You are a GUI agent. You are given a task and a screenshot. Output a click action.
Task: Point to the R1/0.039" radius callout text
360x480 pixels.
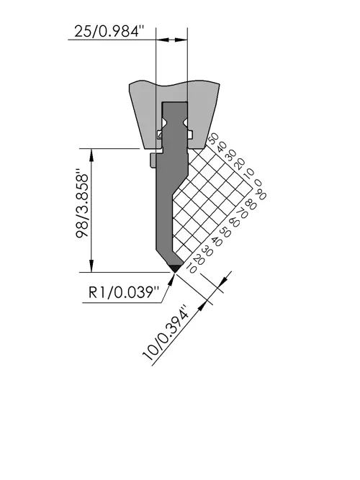pos(124,292)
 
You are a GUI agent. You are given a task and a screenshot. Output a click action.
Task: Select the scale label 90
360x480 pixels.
pos(260,195)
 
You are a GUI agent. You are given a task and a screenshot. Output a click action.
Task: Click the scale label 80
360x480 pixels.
pos(251,204)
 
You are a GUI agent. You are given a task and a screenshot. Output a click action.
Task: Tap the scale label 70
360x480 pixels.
pos(242,213)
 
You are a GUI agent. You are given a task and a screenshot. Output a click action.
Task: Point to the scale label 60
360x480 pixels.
pos(234,222)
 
